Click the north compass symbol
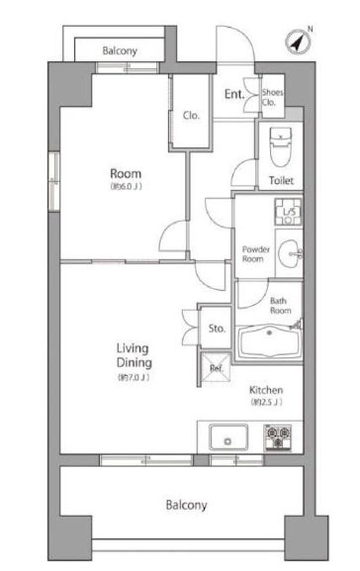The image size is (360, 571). point(299,42)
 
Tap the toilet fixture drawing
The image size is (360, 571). point(280,146)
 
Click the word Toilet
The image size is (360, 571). point(281,180)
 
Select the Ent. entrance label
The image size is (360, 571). point(234,94)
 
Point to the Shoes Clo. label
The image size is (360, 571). point(272,97)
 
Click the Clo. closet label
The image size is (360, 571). point(191,116)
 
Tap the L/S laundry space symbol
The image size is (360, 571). point(288,212)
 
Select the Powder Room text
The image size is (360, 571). point(256,254)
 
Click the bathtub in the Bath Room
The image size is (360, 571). point(269,342)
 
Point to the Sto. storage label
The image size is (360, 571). point(217,329)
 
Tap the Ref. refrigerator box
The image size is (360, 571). point(216,367)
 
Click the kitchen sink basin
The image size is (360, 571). point(228,436)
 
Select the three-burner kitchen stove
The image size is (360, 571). point(278,437)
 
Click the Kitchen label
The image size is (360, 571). point(266,390)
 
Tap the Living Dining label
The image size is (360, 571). point(134,355)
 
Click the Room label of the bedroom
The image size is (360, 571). point(126,173)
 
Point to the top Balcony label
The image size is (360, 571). point(120,50)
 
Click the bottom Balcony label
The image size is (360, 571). point(186,505)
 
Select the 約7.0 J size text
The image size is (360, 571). point(134,378)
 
